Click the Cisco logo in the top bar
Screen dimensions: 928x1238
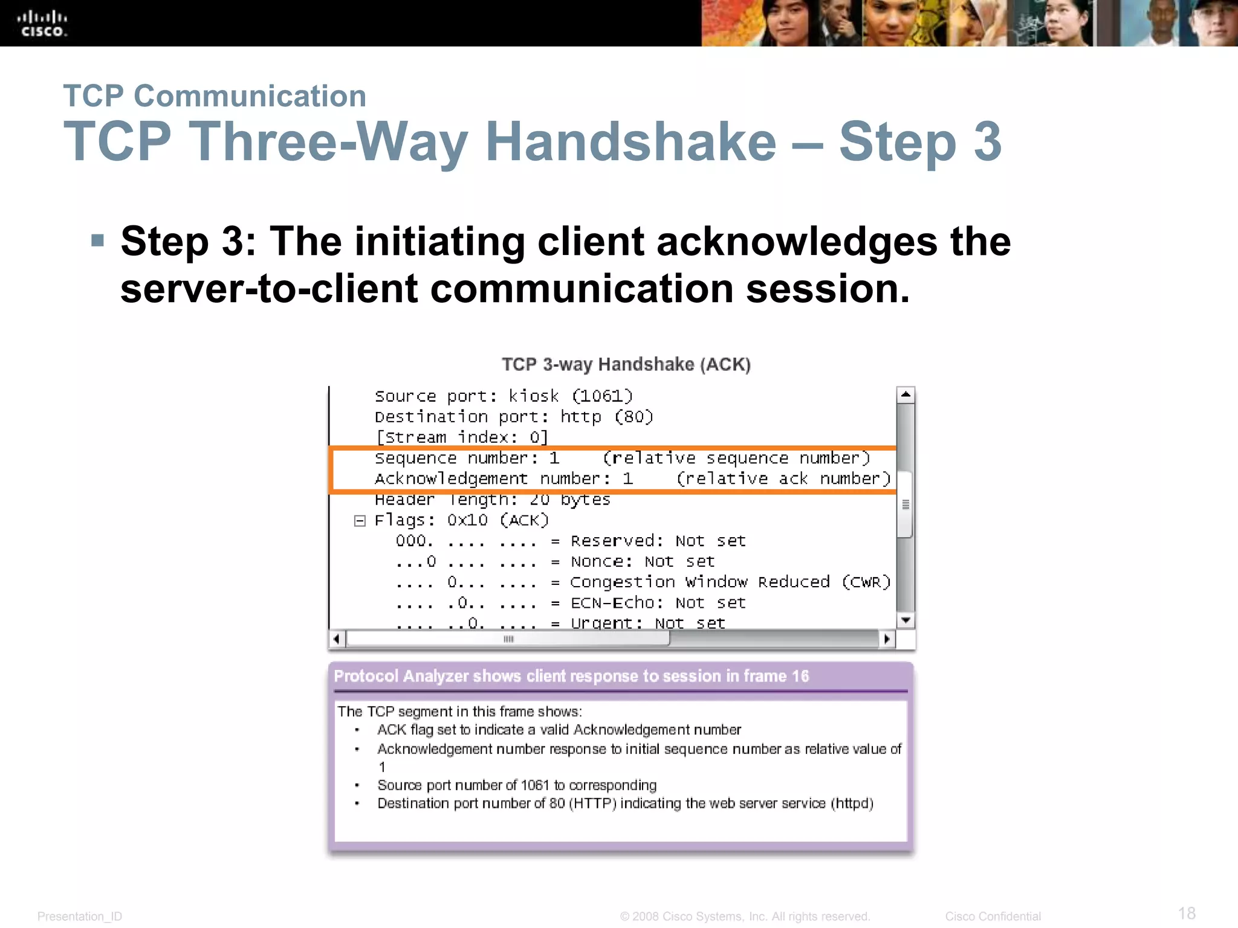click(x=42, y=24)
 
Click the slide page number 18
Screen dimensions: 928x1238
click(x=1187, y=913)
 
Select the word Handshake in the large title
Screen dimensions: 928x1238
click(x=630, y=142)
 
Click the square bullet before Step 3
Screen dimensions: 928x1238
click(x=97, y=241)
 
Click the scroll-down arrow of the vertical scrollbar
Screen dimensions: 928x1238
click(x=906, y=620)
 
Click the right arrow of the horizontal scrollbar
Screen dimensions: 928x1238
click(x=887, y=639)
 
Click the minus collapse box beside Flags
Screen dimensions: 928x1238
click(x=360, y=521)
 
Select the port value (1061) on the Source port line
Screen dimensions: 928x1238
click(x=602, y=396)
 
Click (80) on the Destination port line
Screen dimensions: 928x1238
click(x=634, y=417)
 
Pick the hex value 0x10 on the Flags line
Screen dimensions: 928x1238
click(x=467, y=520)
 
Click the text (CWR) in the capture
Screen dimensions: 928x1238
click(x=866, y=582)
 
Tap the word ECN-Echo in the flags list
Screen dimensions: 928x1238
click(x=613, y=602)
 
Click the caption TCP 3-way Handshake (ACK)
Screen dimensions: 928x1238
click(x=626, y=364)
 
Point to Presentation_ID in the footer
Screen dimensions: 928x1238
click(x=80, y=917)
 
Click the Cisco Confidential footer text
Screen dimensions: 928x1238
click(x=993, y=917)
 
